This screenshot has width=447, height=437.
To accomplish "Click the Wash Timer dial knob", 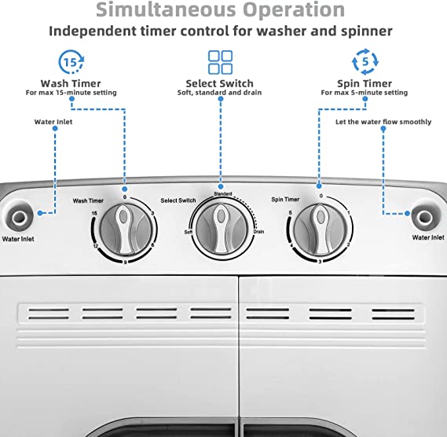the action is (126, 230).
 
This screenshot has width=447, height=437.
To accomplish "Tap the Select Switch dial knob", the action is (221, 229).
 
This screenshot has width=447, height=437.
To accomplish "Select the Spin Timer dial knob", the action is (321, 229).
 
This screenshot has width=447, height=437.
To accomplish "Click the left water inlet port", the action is (19, 218).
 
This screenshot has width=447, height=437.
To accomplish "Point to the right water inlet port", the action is (425, 216).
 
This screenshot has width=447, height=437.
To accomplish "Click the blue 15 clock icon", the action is (71, 61).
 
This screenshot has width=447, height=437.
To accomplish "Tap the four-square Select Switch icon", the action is (221, 62).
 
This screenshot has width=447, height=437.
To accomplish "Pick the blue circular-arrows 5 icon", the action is (365, 61).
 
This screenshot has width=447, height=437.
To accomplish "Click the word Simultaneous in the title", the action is (166, 9).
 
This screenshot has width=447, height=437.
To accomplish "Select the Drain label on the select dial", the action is (258, 231).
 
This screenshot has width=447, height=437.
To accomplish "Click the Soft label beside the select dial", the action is (189, 232).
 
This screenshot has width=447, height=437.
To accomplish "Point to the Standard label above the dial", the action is (223, 194).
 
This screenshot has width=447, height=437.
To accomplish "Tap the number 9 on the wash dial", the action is (125, 263).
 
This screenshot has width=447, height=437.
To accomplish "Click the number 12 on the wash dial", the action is (96, 246).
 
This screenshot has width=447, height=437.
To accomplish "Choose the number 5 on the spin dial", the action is (290, 213).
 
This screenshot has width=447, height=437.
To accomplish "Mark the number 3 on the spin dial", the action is (320, 262).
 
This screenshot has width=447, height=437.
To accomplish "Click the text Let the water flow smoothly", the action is (383, 122).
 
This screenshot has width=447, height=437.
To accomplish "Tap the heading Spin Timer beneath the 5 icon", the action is (365, 83).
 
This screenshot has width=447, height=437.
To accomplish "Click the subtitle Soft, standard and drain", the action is (219, 93).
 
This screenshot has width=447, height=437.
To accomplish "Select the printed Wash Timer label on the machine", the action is (88, 200).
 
